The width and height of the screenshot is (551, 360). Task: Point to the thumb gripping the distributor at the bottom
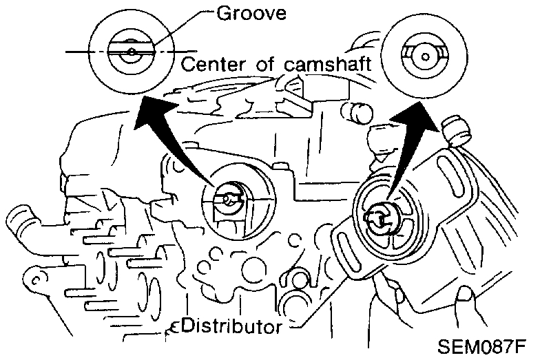[x=468, y=299]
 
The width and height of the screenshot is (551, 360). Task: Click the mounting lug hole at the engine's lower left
[x=32, y=279]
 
